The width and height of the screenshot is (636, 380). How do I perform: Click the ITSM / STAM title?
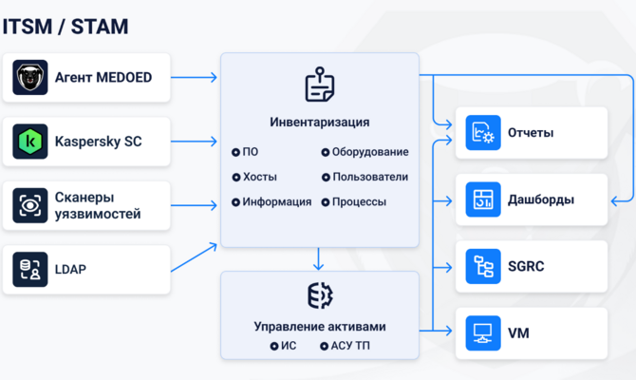tap(65, 27)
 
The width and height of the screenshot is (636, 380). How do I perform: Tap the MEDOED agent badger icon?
tap(30, 78)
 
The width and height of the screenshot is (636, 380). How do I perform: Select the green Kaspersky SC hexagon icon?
tap(30, 142)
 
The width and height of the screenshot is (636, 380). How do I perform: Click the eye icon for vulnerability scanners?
tap(30, 205)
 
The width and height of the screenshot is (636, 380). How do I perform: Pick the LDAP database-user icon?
tap(30, 269)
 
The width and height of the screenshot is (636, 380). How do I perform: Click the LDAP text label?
tap(70, 269)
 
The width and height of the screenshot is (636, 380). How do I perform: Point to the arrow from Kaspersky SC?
tap(194, 142)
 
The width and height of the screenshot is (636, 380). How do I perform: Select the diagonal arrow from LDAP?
tap(194, 257)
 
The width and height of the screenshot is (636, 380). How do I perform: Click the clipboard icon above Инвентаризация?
tap(320, 85)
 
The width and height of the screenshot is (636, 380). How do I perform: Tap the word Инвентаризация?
tap(320, 123)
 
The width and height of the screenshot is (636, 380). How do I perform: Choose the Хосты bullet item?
tap(254, 177)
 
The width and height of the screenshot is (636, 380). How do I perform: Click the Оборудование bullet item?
tap(365, 152)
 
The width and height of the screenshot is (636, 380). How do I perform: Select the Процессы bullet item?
tap(354, 201)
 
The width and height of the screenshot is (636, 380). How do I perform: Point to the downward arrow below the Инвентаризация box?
tap(318, 259)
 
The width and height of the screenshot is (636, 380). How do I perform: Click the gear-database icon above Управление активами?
tap(320, 295)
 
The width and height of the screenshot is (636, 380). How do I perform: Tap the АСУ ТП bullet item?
tap(345, 346)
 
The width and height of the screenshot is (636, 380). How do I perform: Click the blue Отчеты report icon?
tap(483, 132)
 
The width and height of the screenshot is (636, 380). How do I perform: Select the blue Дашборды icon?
tap(483, 199)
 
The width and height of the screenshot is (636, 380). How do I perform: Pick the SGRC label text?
tap(526, 266)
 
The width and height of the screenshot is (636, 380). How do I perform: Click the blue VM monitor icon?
tap(483, 332)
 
